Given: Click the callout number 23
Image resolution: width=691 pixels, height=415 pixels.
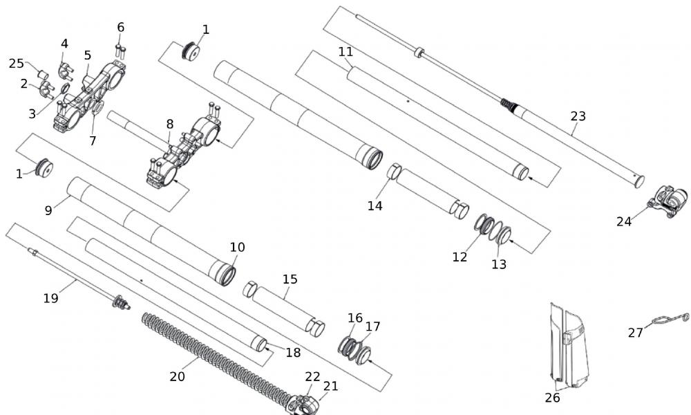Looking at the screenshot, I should click(x=578, y=116).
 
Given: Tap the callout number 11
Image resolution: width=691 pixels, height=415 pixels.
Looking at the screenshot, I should click(x=345, y=52).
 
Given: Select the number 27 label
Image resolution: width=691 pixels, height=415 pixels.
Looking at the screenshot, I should click(x=635, y=333).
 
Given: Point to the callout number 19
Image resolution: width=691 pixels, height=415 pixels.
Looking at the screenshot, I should click(x=50, y=298).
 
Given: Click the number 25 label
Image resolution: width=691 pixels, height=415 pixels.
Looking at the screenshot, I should click(x=17, y=64).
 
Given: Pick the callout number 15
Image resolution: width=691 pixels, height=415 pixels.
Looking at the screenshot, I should click(x=290, y=279).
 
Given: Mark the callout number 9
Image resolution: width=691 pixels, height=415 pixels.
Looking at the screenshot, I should click(x=48, y=210).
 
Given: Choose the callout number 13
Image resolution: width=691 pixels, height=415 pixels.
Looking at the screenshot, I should click(x=499, y=264).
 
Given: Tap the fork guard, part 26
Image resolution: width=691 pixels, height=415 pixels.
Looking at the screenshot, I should click(x=569, y=346).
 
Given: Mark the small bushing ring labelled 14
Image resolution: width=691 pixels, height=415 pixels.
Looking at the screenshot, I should click(x=394, y=172).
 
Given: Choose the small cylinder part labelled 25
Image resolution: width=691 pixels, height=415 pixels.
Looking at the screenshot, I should click(x=41, y=75).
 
